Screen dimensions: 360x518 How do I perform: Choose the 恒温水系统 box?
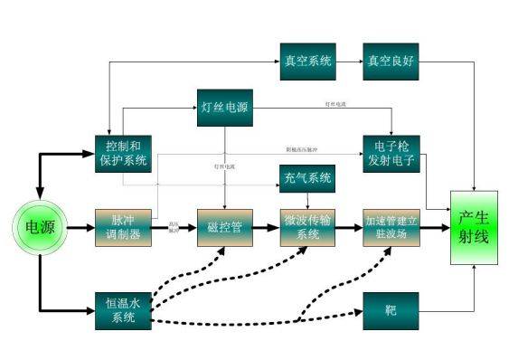pyautogui.click(x=121, y=308)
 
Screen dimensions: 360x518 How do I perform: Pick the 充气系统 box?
pyautogui.click(x=308, y=178)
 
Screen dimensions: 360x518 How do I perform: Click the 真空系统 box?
pyautogui.click(x=308, y=62)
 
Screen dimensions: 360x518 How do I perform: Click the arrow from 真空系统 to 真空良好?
pyautogui.click(x=350, y=62)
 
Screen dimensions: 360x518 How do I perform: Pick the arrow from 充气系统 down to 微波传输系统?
pyautogui.click(x=308, y=200)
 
